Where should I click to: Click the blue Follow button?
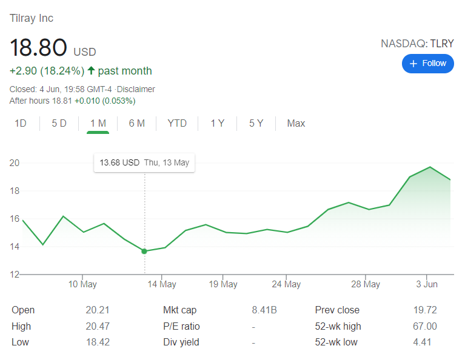[x=427, y=64]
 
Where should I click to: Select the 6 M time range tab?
[x=137, y=123]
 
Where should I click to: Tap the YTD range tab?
[x=177, y=123]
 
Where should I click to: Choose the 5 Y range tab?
[x=256, y=123]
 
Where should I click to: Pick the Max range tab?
[x=296, y=123]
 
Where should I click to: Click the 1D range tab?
[x=21, y=123]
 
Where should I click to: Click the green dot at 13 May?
[x=144, y=252]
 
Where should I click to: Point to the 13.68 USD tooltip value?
[x=119, y=162]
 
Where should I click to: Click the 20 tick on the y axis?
[x=14, y=163]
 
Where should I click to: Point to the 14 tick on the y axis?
[x=14, y=247]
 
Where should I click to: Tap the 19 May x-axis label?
[x=223, y=284]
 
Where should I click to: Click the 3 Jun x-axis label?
[x=427, y=284]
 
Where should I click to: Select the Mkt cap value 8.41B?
[x=264, y=310]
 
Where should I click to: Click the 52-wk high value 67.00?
[x=425, y=326]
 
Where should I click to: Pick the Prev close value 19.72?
[x=425, y=310]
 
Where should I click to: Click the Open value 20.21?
[x=98, y=310]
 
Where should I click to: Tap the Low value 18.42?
[x=98, y=342]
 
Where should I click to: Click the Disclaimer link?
[x=136, y=89]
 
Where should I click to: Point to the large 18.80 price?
[x=38, y=47]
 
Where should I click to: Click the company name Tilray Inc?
[x=32, y=18]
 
